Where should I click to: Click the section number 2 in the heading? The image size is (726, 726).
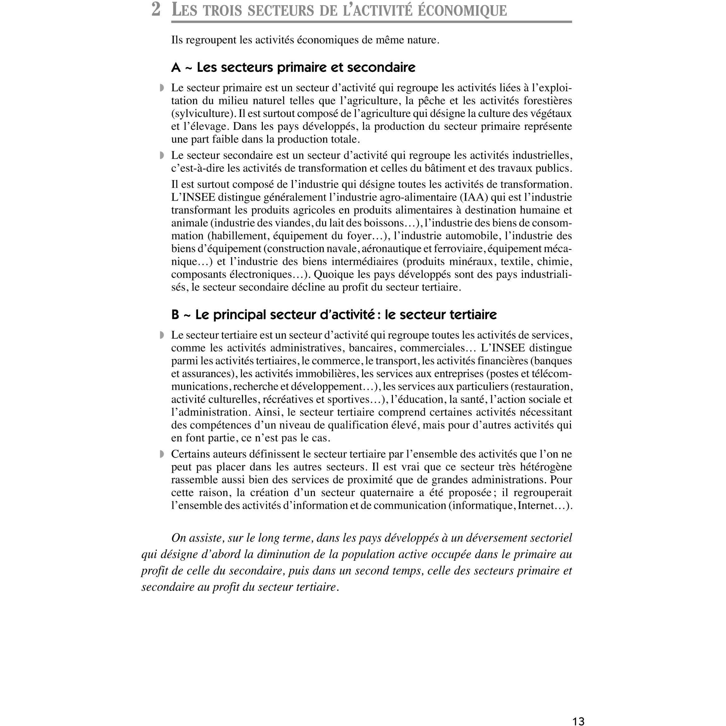pyautogui.click(x=156, y=10)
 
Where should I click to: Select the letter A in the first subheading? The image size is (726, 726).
pyautogui.click(x=176, y=68)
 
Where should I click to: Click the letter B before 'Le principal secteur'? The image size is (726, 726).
pyautogui.click(x=175, y=315)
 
